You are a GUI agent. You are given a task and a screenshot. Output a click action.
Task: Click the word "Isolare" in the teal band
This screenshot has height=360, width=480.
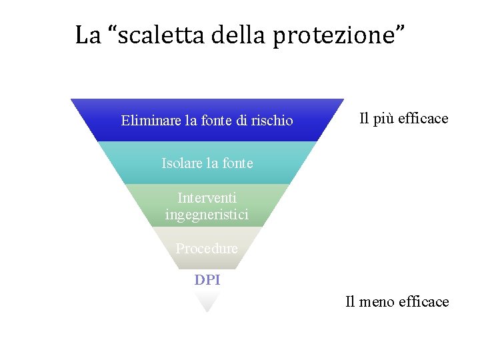(182, 163)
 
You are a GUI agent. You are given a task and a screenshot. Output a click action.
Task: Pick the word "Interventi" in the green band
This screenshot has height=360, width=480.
(207, 198)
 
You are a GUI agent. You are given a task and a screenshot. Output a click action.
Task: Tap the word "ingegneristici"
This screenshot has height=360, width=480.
(207, 215)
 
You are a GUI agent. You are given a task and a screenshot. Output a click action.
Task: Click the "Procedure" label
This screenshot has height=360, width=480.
(207, 249)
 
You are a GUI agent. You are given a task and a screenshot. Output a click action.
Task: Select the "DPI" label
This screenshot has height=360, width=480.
(207, 280)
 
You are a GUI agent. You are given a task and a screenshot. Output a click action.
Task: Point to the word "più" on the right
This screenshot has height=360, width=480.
(386, 119)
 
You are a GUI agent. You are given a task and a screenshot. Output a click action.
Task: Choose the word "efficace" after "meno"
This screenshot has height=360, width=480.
(424, 302)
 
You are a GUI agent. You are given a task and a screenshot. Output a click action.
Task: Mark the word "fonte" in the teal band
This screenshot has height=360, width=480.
(237, 163)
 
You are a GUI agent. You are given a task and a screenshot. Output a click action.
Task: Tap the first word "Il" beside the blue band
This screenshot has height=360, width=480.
(363, 119)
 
